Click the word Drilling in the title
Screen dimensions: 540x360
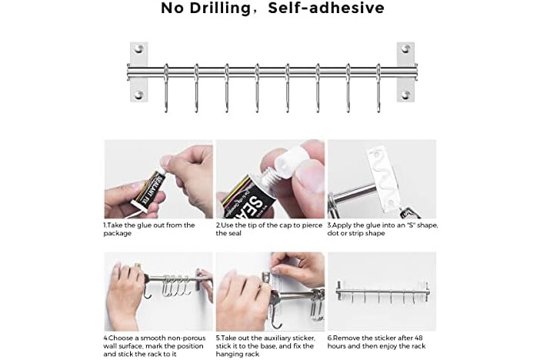221,8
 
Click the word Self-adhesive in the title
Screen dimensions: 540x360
326,8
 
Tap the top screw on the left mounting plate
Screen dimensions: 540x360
138,48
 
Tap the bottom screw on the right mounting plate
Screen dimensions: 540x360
405,95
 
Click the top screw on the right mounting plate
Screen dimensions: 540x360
405,48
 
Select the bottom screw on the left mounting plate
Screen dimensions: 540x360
138,95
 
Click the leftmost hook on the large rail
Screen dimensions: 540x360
166,88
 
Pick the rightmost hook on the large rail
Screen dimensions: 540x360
378,88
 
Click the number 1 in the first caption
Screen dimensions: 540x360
105,225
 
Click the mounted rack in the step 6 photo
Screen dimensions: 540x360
382,293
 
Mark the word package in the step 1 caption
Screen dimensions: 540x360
118,234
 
